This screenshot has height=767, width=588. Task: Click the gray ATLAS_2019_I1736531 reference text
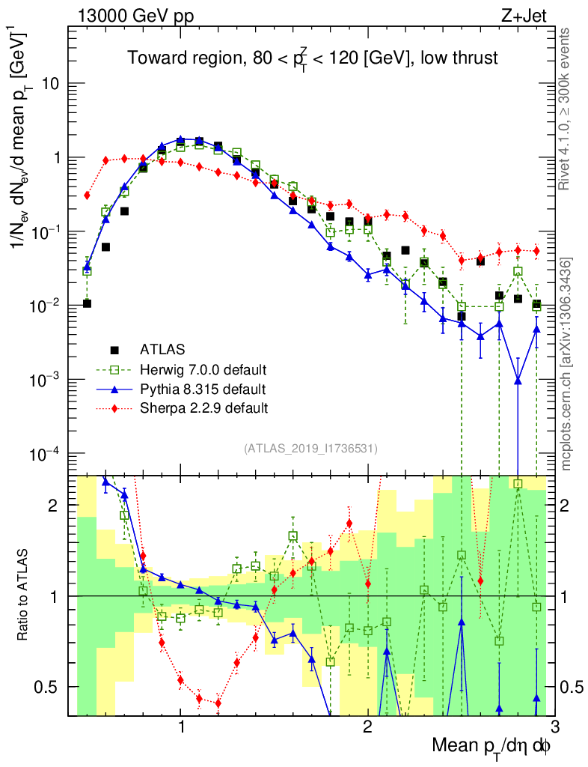(x=310, y=449)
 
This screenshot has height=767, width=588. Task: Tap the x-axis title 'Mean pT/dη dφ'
(x=492, y=745)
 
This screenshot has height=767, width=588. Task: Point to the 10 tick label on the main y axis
(x=49, y=84)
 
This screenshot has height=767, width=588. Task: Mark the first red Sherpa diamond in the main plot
(x=88, y=195)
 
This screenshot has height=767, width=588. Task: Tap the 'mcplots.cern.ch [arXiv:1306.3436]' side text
(x=566, y=364)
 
